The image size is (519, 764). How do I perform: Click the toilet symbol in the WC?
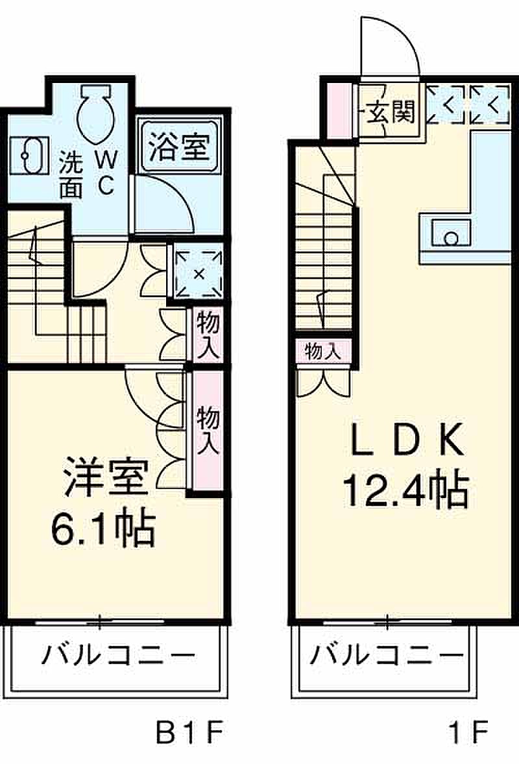pyautogui.click(x=96, y=114)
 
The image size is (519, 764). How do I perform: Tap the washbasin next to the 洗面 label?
pyautogui.click(x=30, y=155)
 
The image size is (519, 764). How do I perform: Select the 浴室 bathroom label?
pyautogui.click(x=179, y=147)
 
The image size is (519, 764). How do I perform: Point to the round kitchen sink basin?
pyautogui.click(x=452, y=238)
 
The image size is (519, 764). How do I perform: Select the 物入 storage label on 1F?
pyautogui.click(x=322, y=351)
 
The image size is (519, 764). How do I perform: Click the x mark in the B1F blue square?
pyautogui.click(x=199, y=274)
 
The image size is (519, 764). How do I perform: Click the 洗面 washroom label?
pyautogui.click(x=71, y=174)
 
